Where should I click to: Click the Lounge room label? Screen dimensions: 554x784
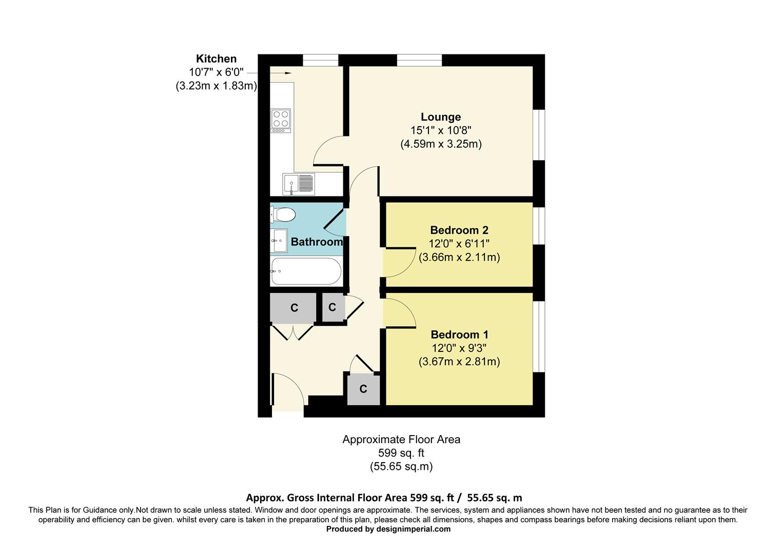pos(441,117)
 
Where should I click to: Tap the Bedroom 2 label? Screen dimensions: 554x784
pos(459,230)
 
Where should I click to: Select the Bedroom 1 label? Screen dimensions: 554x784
pos(459,335)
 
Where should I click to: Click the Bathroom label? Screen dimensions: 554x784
pos(317,242)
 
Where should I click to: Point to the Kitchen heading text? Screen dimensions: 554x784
pos(216,59)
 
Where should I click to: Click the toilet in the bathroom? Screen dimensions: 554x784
pos(283,214)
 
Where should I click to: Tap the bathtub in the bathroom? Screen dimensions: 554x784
pos(305,271)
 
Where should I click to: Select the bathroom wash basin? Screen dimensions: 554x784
pos(280,241)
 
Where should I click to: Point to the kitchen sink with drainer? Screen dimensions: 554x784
pos(299,184)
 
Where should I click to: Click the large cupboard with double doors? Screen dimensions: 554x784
pos(293,308)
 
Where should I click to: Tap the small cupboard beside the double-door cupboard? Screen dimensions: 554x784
pos(332,307)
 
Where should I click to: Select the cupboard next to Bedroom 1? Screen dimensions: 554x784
pos(363,389)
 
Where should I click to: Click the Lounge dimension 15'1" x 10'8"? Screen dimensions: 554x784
pos(441,130)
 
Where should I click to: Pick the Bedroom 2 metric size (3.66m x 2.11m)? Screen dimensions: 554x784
pos(459,258)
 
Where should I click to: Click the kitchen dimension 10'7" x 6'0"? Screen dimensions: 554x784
pos(216,72)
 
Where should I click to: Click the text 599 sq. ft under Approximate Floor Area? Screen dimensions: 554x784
pos(401,453)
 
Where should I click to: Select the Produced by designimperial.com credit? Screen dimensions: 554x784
pos(388,529)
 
